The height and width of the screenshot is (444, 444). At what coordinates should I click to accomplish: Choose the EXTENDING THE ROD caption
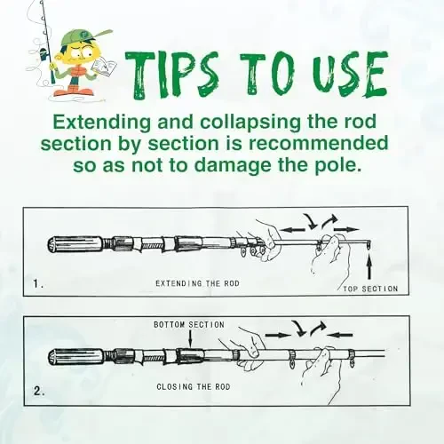(x=197, y=282)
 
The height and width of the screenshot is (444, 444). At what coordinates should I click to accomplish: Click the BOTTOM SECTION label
(x=189, y=325)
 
